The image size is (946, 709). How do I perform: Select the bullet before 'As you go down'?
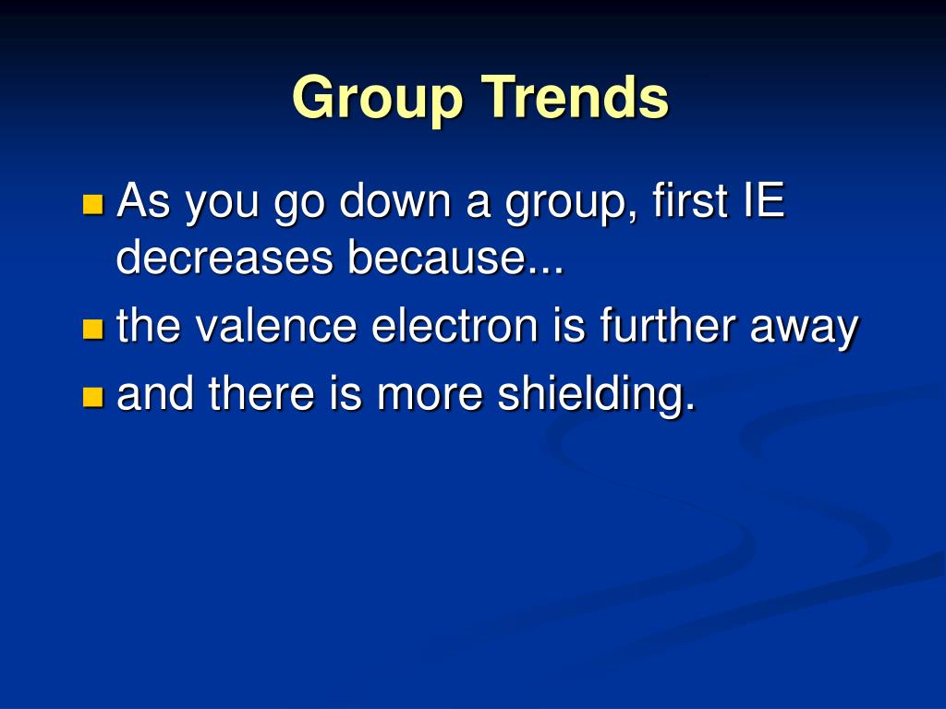[x=92, y=204]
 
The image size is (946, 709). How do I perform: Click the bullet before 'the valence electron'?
[x=92, y=329]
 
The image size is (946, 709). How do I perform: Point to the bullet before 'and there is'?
[x=92, y=397]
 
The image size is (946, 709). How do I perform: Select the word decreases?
[x=224, y=257]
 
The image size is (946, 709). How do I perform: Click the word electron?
[x=455, y=326]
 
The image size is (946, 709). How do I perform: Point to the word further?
[x=668, y=326]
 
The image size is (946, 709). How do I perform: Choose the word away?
[x=805, y=330]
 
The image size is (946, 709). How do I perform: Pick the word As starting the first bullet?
[x=143, y=200]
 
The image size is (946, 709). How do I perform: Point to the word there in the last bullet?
[x=261, y=393]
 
